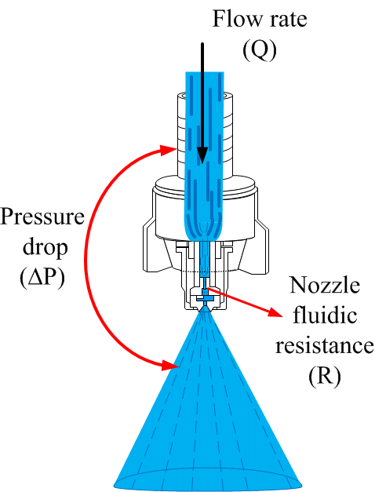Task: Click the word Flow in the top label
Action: tap(236, 19)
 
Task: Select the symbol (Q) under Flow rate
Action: tap(260, 50)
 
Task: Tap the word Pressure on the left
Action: tap(42, 217)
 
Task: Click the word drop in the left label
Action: tap(45, 247)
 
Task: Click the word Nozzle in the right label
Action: tap(325, 285)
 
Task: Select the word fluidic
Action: tap(325, 315)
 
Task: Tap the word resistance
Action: tap(325, 346)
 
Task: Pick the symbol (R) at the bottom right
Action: tap(324, 376)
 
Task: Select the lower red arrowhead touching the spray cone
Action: tap(169, 365)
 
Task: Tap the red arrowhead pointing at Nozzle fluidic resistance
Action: tap(276, 313)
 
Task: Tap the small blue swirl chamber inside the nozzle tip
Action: tap(205, 297)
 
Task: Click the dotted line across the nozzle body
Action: tap(205, 271)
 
